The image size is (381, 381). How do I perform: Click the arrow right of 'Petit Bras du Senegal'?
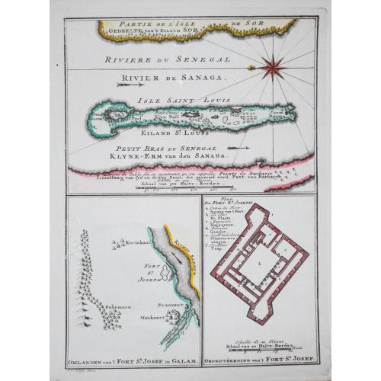238,147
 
